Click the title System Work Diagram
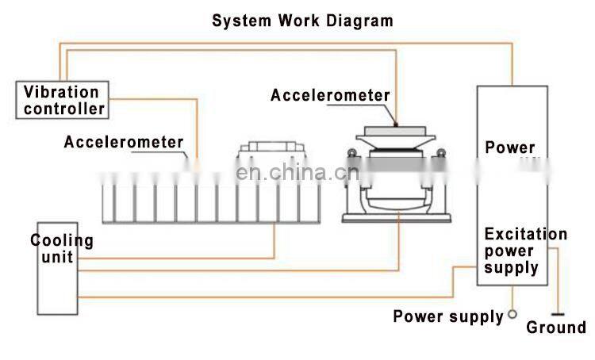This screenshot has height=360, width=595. [301, 20]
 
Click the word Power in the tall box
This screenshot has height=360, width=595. [510, 147]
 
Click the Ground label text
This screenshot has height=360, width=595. [556, 327]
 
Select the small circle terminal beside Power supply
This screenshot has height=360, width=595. [512, 314]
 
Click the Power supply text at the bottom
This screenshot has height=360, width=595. [448, 317]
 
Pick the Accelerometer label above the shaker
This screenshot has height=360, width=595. [330, 95]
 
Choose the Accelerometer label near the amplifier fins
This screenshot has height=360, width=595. [124, 143]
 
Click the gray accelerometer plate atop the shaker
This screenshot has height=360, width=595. [394, 128]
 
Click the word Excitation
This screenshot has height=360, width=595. [525, 234]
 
